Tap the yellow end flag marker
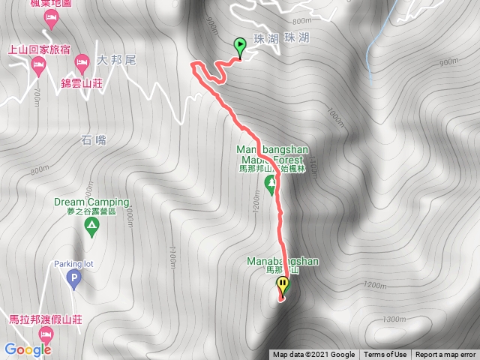pos(283,285)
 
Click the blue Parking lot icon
pos(73,280)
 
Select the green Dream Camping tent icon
pos(91,224)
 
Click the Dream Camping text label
pos(91,202)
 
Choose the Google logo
pos(27,349)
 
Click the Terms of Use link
pos(385,355)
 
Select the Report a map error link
pos(445,355)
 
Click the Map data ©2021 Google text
pos(313,355)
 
